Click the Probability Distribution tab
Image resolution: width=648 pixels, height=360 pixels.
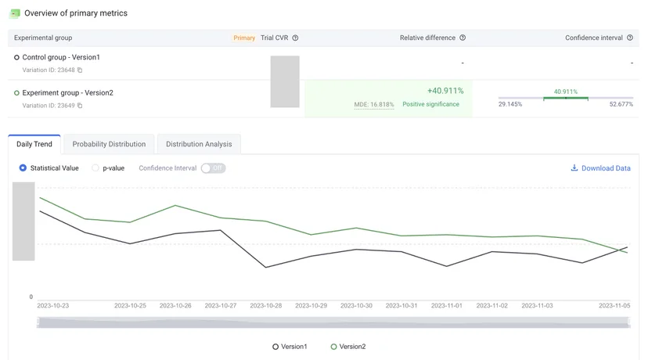coord(109,144)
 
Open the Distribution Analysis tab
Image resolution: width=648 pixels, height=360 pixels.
coord(199,144)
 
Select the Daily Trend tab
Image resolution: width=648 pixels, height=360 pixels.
coord(34,144)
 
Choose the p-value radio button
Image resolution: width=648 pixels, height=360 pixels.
coord(95,168)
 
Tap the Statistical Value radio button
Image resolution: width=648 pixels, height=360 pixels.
coord(23,168)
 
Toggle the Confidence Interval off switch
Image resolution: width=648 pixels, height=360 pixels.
coord(213,168)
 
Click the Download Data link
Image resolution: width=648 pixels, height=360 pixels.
coord(600,168)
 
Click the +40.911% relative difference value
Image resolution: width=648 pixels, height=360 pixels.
coord(445,91)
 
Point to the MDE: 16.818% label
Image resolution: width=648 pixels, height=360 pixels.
coord(373,105)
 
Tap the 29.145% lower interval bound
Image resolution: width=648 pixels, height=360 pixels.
coord(510,104)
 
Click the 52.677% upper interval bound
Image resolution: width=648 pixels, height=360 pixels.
coord(621,104)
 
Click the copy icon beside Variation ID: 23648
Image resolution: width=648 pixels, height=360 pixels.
coord(80,70)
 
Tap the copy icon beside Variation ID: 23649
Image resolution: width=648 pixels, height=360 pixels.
coord(80,106)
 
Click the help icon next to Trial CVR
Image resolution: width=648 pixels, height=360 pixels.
coord(295,38)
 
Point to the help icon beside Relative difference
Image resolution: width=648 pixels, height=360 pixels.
coord(463,38)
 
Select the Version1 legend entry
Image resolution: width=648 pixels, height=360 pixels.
coord(290,347)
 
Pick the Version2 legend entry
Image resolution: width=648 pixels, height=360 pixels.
coord(348,347)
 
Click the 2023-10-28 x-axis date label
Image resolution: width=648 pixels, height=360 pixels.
coord(266,306)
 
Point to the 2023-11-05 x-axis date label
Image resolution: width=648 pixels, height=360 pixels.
coord(614,306)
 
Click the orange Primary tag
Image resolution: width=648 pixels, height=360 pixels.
coord(244,38)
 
